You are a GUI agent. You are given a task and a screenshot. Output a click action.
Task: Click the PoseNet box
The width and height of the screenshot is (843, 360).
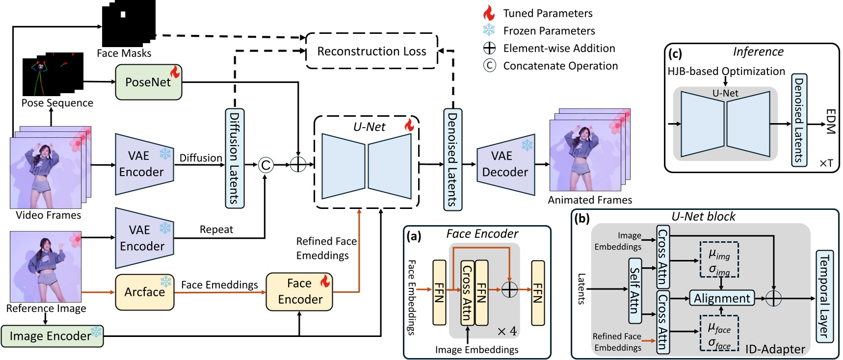(x=148, y=82)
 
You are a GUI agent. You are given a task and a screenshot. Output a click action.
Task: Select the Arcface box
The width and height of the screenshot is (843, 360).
(x=144, y=292)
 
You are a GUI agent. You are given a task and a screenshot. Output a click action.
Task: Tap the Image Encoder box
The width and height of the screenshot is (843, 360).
(x=52, y=336)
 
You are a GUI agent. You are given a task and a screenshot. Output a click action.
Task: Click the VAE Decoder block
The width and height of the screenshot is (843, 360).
(x=505, y=164)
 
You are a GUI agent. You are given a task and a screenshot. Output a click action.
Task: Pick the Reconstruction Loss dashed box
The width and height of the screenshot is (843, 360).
(x=371, y=51)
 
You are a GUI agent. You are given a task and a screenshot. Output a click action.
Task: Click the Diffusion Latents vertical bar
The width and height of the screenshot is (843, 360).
(x=235, y=158)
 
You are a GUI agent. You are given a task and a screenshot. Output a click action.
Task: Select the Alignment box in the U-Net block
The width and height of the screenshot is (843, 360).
(x=721, y=298)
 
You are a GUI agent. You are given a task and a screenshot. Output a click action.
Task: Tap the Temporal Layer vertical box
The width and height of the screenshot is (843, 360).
(x=824, y=296)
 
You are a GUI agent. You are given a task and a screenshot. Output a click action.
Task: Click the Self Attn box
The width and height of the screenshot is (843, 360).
(x=635, y=290)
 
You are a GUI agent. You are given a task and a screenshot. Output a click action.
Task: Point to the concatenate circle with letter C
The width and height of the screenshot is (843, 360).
(x=265, y=165)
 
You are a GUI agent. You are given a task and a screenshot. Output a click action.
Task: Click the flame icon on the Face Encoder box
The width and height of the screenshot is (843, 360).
(x=325, y=281)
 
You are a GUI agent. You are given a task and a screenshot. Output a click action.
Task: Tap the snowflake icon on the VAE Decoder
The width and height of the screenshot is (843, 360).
(x=527, y=145)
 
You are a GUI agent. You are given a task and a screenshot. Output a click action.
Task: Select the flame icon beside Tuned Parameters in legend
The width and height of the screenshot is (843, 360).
(x=489, y=13)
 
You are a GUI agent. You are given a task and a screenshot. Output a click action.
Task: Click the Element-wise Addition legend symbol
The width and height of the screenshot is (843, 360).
(x=489, y=48)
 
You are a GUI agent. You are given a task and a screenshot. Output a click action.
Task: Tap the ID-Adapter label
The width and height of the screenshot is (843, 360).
(x=775, y=349)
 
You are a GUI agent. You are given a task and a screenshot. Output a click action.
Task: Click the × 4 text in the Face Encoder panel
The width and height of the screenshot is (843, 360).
(x=507, y=332)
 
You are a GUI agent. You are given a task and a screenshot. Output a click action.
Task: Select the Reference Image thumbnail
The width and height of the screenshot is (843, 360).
(x=46, y=267)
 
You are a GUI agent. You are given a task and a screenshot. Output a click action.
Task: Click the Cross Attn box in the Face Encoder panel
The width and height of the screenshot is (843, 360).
(x=467, y=293)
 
